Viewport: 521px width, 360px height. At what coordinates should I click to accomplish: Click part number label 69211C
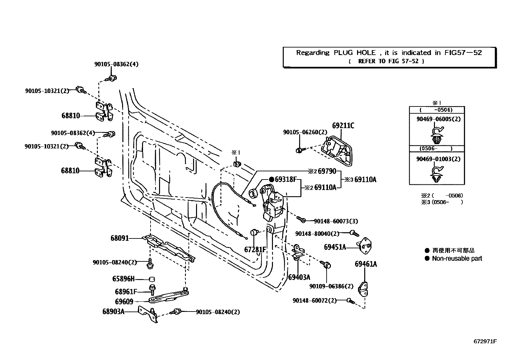[343, 126]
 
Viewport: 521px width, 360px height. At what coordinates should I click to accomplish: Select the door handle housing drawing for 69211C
[337, 150]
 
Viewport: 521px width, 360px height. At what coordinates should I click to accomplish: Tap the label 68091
[119, 238]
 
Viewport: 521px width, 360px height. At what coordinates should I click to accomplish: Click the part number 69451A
[335, 247]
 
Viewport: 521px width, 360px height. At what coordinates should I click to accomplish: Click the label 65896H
[123, 279]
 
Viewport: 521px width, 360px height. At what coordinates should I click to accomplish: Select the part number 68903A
[113, 312]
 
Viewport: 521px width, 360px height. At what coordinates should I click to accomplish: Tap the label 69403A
[299, 277]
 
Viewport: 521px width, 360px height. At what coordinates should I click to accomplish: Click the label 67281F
[255, 250]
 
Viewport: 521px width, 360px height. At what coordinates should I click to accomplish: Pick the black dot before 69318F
[271, 179]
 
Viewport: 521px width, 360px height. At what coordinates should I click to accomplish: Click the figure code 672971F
[485, 341]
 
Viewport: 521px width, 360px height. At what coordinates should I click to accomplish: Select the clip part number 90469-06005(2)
[438, 119]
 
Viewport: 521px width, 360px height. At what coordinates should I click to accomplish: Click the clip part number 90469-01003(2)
[438, 159]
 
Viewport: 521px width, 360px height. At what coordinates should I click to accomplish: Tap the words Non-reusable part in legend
[457, 258]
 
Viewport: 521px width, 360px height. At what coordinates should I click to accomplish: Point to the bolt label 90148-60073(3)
[336, 221]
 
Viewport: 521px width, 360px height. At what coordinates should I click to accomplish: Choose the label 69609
[124, 302]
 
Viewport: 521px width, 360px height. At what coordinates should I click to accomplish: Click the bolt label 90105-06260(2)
[305, 132]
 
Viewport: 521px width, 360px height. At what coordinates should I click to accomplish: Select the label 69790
[327, 171]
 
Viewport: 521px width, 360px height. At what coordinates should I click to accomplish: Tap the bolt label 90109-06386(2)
[331, 286]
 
